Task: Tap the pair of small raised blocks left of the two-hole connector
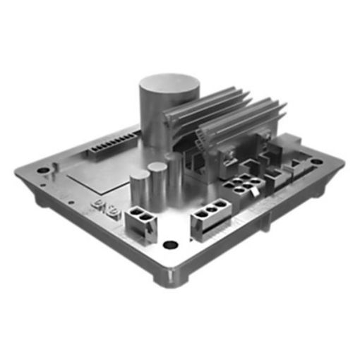tap(101, 209)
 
